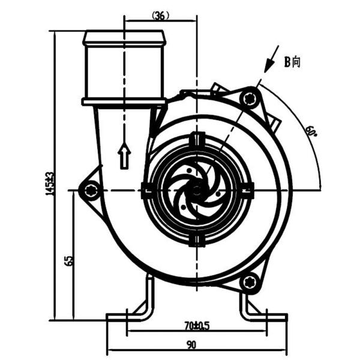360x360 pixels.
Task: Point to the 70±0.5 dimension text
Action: (197, 326)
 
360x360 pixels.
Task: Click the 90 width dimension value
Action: (191, 345)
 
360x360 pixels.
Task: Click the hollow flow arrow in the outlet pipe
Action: (124, 156)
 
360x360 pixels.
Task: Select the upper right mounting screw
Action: (250, 98)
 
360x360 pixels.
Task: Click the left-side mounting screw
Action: (91, 191)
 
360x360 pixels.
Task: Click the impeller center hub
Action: (197, 191)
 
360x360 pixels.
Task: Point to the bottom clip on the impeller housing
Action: (197, 241)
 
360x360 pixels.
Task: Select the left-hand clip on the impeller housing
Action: (146, 191)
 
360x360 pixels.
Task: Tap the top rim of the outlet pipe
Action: (124, 38)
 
